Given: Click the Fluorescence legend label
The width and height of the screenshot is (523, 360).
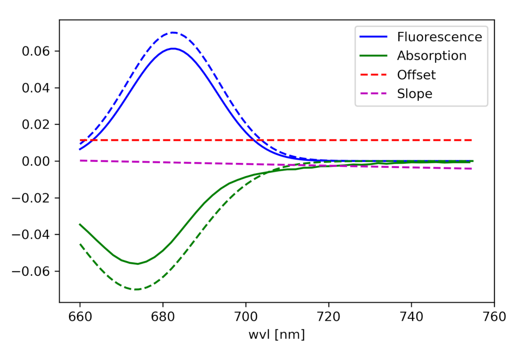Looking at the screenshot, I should click(439, 37).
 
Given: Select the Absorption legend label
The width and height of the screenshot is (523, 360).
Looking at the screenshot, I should click(431, 56).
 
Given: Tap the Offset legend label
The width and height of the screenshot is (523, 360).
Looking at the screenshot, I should click(416, 75).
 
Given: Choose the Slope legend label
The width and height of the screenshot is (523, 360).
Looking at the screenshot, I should click(414, 94).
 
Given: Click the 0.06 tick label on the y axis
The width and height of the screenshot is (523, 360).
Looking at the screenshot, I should click(36, 51).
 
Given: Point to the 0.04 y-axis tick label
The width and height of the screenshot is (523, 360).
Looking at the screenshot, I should click(36, 88).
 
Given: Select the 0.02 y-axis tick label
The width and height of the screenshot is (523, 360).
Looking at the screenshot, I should click(36, 124).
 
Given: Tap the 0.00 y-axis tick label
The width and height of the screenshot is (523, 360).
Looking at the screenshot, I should click(36, 161).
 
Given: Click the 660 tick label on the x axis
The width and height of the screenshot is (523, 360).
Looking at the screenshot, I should click(80, 317).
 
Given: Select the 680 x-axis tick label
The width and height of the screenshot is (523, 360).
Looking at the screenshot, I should click(163, 317).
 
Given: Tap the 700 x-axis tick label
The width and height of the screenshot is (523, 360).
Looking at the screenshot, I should click(246, 317).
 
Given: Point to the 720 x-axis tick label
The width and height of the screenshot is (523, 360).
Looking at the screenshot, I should click(328, 317).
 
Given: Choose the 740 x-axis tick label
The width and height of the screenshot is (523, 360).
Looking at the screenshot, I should click(411, 317).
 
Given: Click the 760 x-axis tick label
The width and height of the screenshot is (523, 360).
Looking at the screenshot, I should click(494, 317).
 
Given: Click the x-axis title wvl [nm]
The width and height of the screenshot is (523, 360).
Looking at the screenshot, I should click(277, 334).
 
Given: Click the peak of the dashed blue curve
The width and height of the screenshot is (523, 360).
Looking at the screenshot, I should click(173, 33).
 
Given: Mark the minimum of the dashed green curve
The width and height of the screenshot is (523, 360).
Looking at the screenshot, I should click(136, 289).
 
